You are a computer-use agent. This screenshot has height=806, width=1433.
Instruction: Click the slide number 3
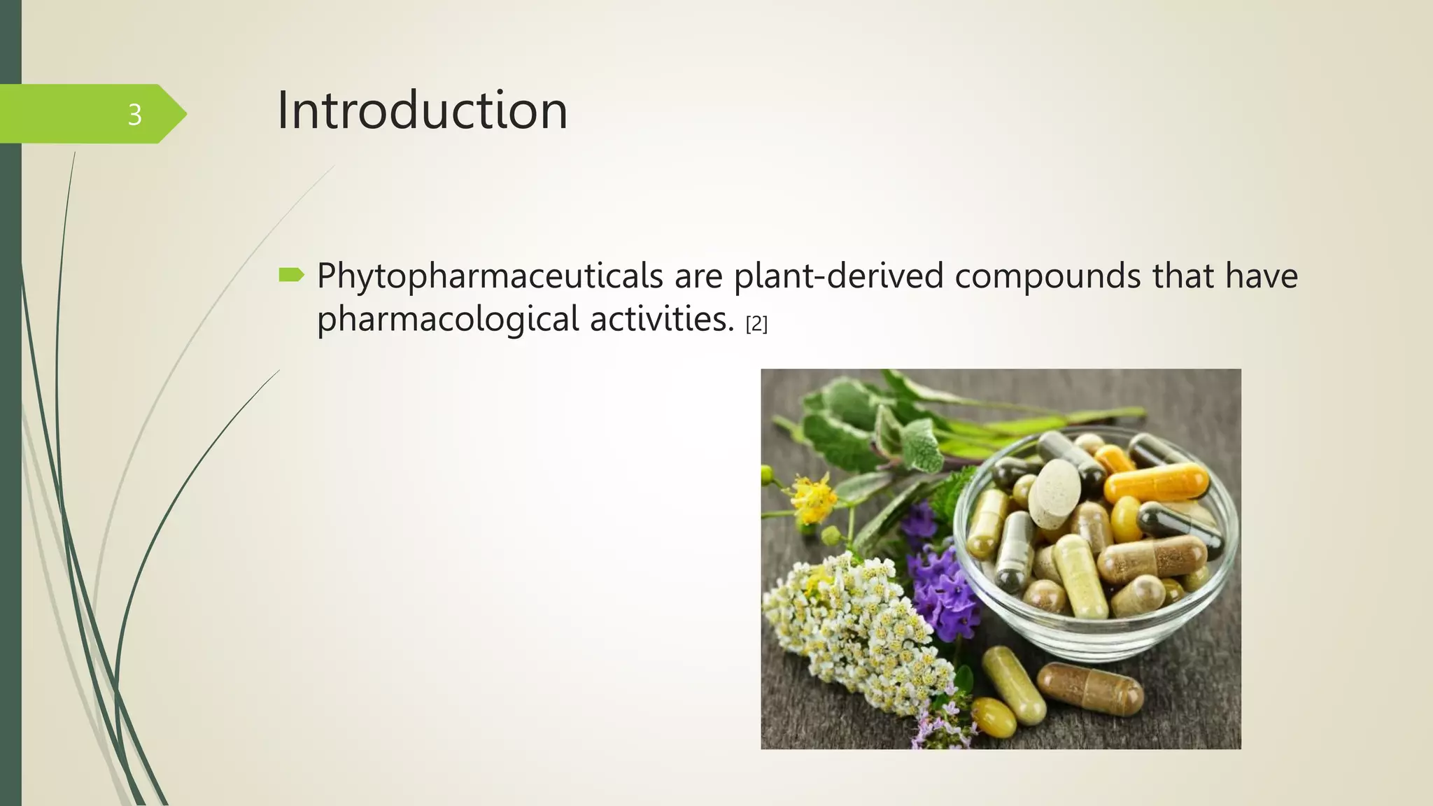[134, 115]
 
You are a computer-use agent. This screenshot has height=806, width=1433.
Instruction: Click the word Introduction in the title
[422, 111]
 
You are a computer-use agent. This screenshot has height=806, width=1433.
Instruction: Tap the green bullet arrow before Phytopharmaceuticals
[291, 274]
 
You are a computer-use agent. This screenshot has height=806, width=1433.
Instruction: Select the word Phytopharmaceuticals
[490, 276]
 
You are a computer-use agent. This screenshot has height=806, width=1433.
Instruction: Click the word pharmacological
[448, 319]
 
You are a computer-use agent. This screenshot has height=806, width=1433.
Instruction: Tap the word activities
[661, 319]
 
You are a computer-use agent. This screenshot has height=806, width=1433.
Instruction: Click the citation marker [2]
[756, 324]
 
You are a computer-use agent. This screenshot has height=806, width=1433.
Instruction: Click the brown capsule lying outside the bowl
[1089, 689]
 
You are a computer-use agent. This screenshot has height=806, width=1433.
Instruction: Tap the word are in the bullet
[698, 276]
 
